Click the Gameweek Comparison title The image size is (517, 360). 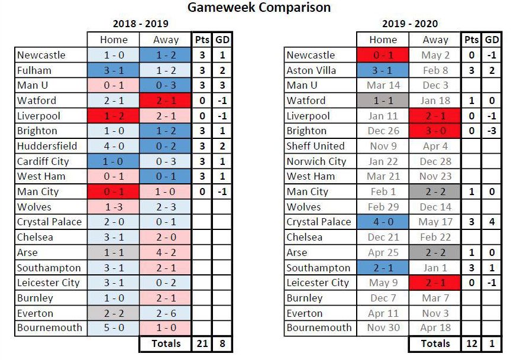(x=259, y=7)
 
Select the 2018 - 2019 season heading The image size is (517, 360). (x=140, y=24)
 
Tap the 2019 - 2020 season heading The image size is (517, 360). (x=410, y=24)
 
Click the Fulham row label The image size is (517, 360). (x=34, y=70)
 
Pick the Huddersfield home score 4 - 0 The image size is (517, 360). (x=114, y=146)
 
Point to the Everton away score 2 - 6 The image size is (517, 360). (x=166, y=313)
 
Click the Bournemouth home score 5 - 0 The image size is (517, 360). (x=114, y=327)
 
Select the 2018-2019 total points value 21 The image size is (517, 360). (x=202, y=343)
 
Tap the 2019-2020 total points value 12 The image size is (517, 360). (x=471, y=343)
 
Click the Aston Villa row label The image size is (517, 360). (x=311, y=70)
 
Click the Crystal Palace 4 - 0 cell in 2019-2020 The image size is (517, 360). (x=383, y=222)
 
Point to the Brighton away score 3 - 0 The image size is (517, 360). (x=435, y=131)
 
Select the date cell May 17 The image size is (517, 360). (x=435, y=222)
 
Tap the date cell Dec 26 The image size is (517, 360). (x=383, y=131)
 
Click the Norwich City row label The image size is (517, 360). (x=316, y=161)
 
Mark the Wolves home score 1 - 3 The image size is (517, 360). (x=114, y=207)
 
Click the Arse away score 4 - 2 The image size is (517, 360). (x=166, y=252)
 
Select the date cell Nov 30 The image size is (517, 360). (x=383, y=327)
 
